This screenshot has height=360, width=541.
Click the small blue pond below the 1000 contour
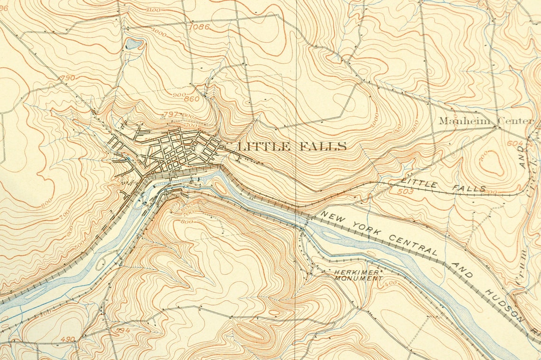pyautogui.click(x=134, y=45)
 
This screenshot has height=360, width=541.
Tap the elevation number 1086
pyautogui.click(x=199, y=27)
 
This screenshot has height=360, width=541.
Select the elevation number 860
pyautogui.click(x=191, y=99)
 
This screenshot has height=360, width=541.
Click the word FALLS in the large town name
pyautogui.click(x=323, y=146)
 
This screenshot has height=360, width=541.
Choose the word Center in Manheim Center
pyautogui.click(x=515, y=121)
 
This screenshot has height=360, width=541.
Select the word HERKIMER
pyautogui.click(x=356, y=273)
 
